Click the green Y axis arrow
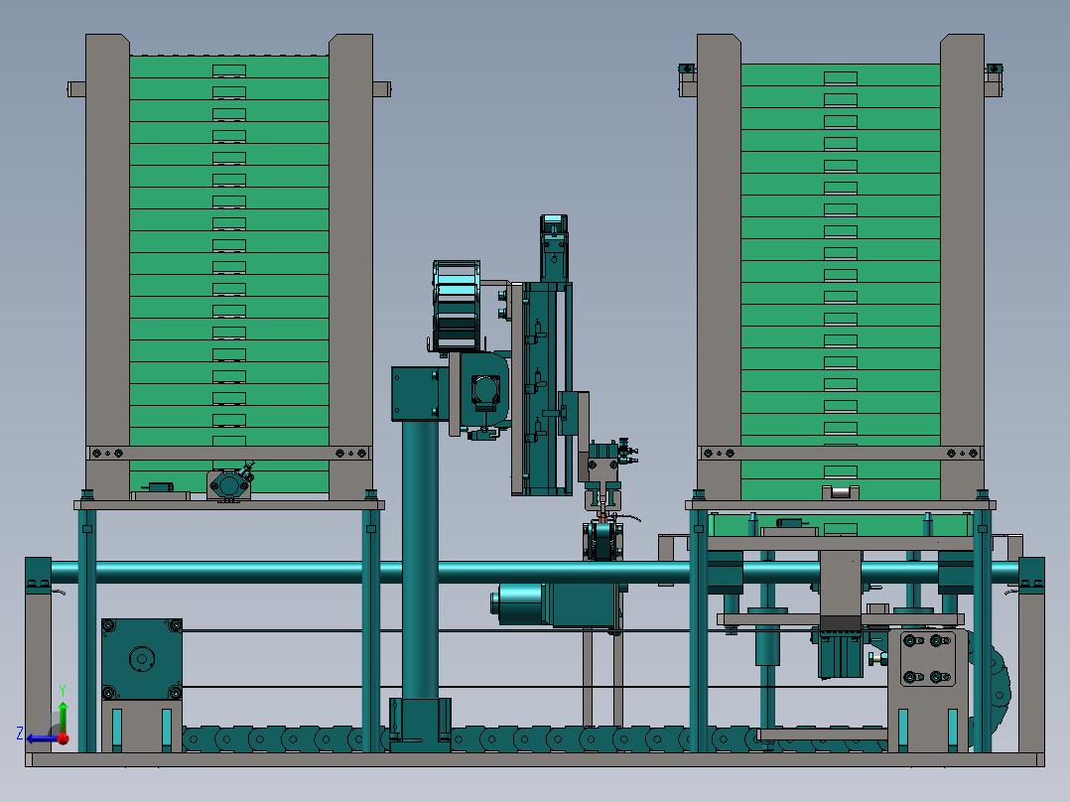point(63,717)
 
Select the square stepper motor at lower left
point(142,659)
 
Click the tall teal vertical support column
point(420,560)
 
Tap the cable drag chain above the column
point(456,305)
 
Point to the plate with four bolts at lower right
point(927,659)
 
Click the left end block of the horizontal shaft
point(38,576)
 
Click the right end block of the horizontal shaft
point(1031,576)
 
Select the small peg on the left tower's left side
point(76,88)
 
